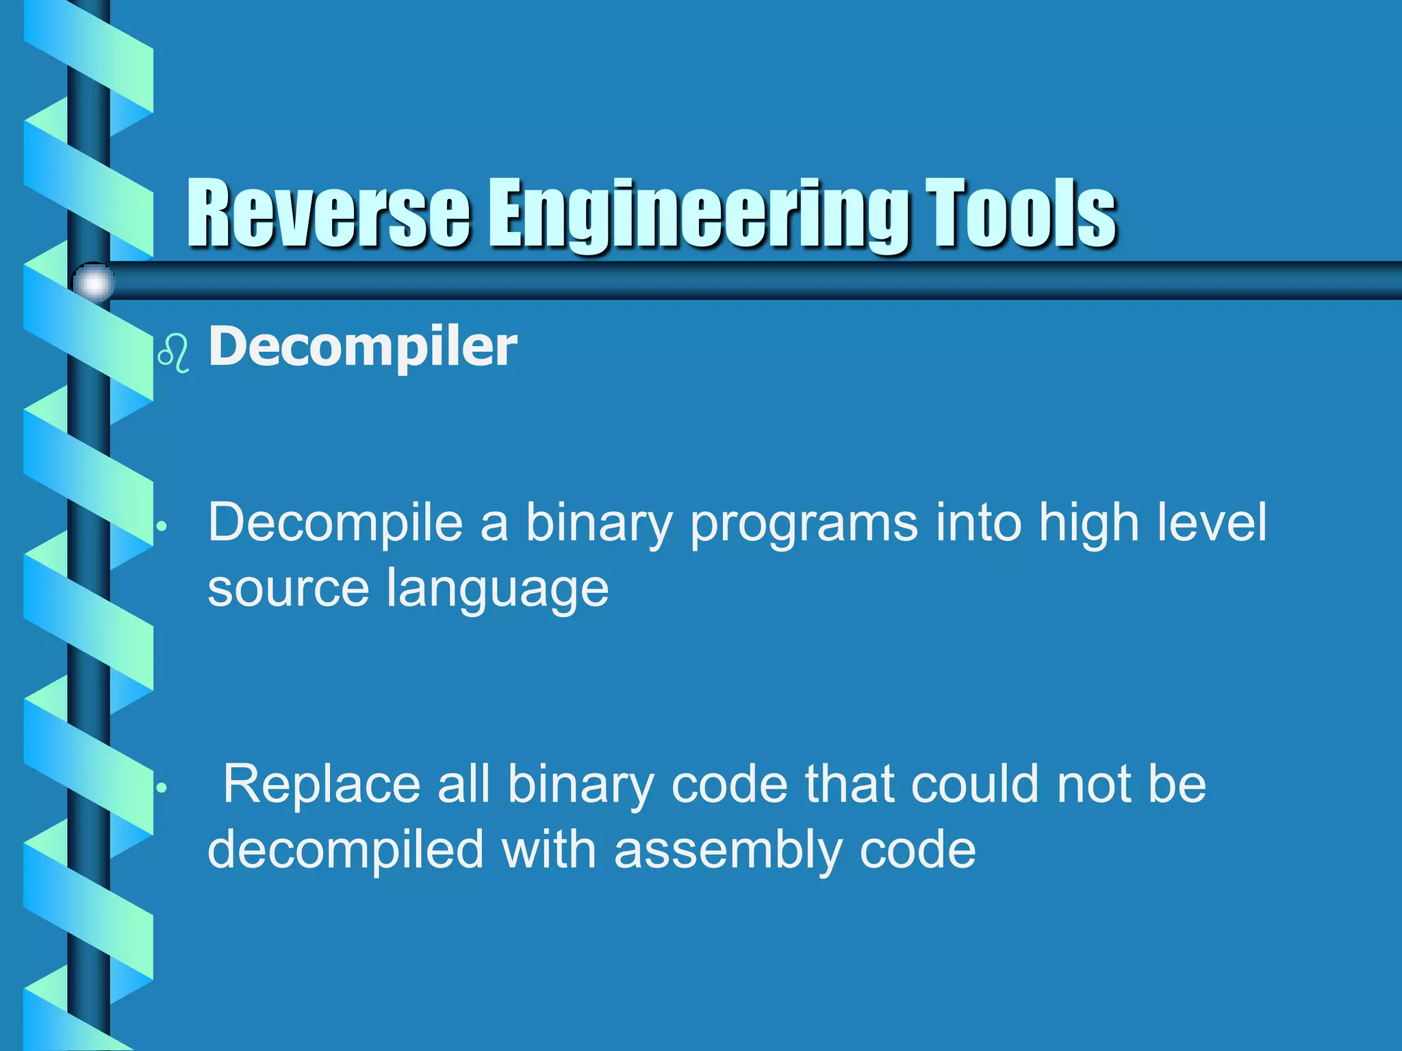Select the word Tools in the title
click(1020, 213)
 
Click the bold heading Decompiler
click(363, 347)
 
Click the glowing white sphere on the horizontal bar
click(94, 282)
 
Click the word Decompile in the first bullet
click(335, 523)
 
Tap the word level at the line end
click(1212, 522)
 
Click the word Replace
click(322, 784)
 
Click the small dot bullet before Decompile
click(162, 526)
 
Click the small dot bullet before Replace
click(162, 788)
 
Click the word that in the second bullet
click(849, 784)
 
